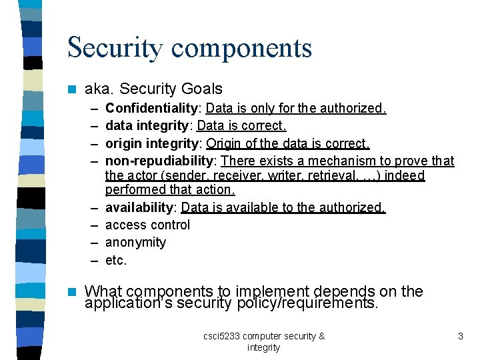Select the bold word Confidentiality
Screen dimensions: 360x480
pos(152,108)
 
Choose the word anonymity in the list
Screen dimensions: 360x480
pos(135,242)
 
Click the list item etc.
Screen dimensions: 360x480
pos(115,260)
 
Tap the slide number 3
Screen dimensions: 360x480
pos(460,336)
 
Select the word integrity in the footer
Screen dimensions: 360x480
pos(263,347)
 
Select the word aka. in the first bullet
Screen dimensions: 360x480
pos(99,89)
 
